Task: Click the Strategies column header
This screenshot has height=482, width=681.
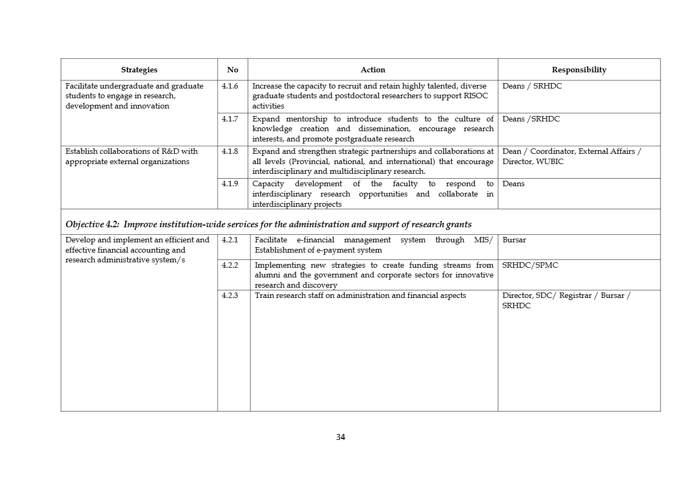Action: point(139,70)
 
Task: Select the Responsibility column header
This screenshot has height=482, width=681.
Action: point(579,70)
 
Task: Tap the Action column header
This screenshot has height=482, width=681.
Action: point(373,70)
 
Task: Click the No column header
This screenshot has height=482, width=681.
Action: point(233,70)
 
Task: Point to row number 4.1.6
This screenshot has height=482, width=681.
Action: point(230,86)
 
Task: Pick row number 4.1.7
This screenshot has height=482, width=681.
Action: point(230,119)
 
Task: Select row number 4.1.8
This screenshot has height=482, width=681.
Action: point(230,152)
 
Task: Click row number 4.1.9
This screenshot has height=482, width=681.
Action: point(230,184)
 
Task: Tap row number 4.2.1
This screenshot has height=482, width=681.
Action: point(230,240)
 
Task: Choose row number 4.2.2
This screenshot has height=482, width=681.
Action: point(230,266)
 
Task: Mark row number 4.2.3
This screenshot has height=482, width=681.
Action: point(230,296)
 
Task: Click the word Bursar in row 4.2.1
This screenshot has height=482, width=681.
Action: point(514,240)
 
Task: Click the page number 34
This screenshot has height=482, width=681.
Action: point(340,437)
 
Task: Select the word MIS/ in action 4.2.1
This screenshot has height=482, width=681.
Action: point(483,240)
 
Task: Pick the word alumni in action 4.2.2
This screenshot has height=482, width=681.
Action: point(268,275)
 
